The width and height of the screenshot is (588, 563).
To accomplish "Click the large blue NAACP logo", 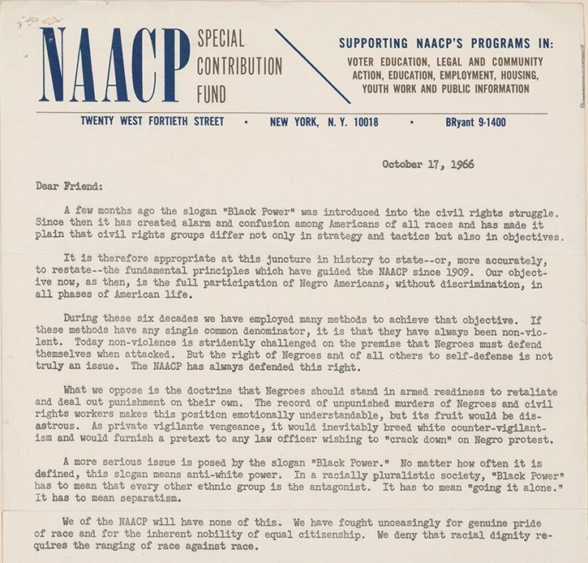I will pyautogui.click(x=114, y=64).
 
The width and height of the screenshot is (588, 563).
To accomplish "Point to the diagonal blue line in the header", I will pyautogui.click(x=312, y=67).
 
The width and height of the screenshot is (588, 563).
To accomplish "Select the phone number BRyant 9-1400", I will pyautogui.click(x=475, y=122).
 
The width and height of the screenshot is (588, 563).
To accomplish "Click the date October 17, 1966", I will pyautogui.click(x=427, y=164).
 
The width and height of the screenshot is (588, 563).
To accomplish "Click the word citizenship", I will pyautogui.click(x=366, y=535).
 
